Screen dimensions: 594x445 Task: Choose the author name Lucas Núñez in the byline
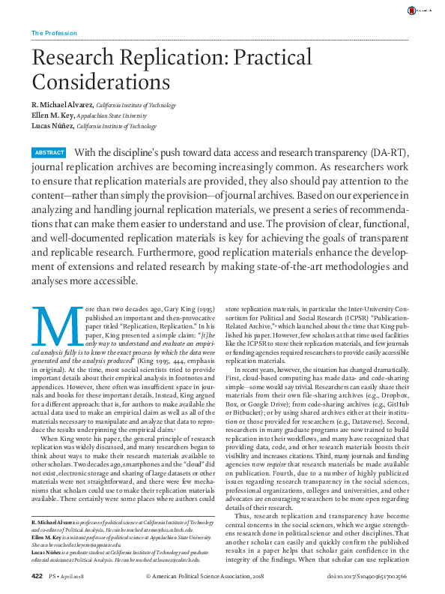tap(52, 127)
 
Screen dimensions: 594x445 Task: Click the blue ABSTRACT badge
tap(49, 153)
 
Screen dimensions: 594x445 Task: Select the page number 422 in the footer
tap(37, 576)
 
